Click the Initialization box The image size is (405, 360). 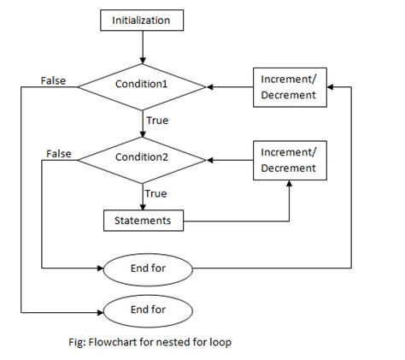[140, 18]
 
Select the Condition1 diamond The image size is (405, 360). [142, 86]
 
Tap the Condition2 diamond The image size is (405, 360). [142, 158]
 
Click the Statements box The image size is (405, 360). [143, 221]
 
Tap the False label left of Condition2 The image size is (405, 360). [57, 153]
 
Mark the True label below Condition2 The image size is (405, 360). [156, 192]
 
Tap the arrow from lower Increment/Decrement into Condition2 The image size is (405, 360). [229, 159]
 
